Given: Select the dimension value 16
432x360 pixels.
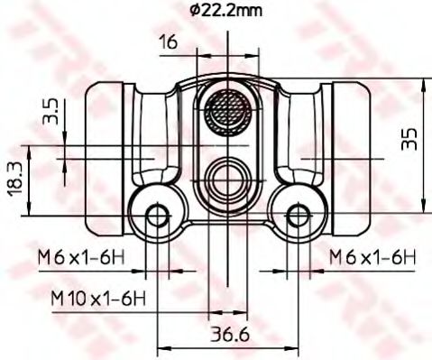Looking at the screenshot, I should tap(168, 42).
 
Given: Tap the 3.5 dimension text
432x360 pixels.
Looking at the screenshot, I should tap(52, 112).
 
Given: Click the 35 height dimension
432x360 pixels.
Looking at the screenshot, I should tap(410, 138).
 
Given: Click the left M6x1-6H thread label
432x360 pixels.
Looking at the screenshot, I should tap(80, 259).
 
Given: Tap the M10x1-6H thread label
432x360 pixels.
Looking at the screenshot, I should tap(97, 298).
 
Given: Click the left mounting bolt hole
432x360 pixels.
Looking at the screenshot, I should tap(159, 215).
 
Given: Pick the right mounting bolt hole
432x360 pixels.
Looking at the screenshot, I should tap(299, 215).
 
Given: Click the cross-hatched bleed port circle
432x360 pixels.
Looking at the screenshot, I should tap(228, 113).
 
